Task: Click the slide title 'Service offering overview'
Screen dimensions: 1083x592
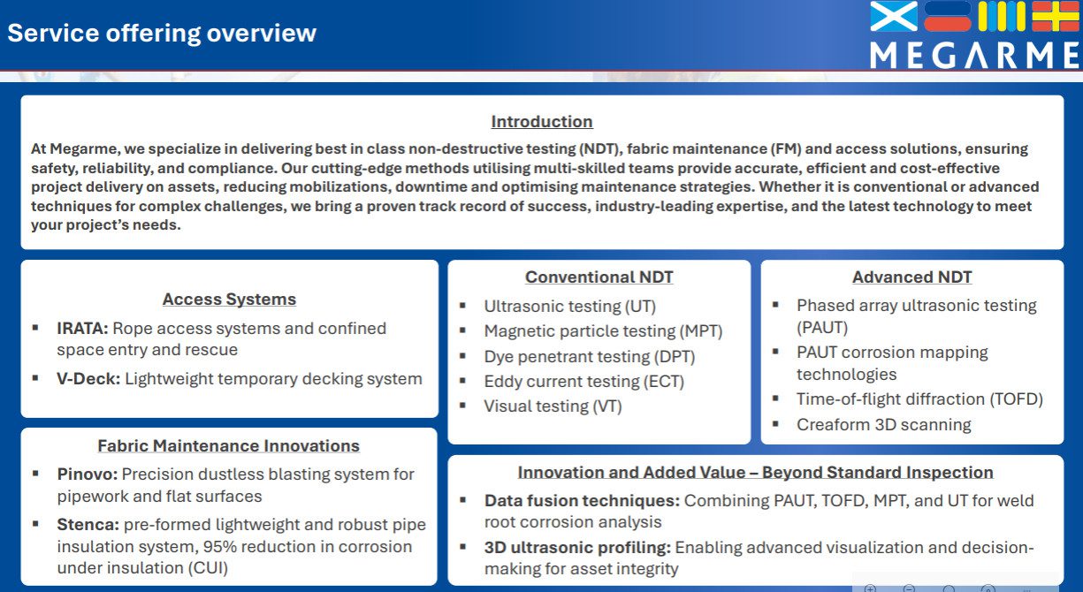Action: [162, 34]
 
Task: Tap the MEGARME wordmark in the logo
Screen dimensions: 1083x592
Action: [974, 56]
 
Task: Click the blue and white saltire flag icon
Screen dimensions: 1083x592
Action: [894, 16]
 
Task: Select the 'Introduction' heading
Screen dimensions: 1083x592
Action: [542, 121]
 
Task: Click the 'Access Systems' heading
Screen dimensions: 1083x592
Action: [229, 300]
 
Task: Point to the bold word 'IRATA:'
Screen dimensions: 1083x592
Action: [82, 328]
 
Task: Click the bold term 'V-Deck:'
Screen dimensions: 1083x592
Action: [88, 378]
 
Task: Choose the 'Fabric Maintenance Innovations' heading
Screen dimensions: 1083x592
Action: [229, 445]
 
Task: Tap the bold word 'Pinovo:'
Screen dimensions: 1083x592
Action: [88, 474]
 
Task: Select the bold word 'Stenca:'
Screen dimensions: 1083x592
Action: [88, 524]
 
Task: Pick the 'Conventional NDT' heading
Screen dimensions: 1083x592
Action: [599, 277]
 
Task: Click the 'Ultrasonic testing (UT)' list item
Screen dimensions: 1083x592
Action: [570, 307]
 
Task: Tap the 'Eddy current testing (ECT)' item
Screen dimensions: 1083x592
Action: [584, 382]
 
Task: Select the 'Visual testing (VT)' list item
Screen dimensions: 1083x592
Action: [553, 406]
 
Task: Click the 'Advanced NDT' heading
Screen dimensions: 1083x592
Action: [911, 277]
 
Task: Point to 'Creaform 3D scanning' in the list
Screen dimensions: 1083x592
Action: [884, 425]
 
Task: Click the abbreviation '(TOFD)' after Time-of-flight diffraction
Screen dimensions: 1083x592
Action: [1017, 399]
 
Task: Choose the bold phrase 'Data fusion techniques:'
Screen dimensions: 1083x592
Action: [582, 501]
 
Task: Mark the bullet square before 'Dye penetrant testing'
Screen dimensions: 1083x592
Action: [462, 356]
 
